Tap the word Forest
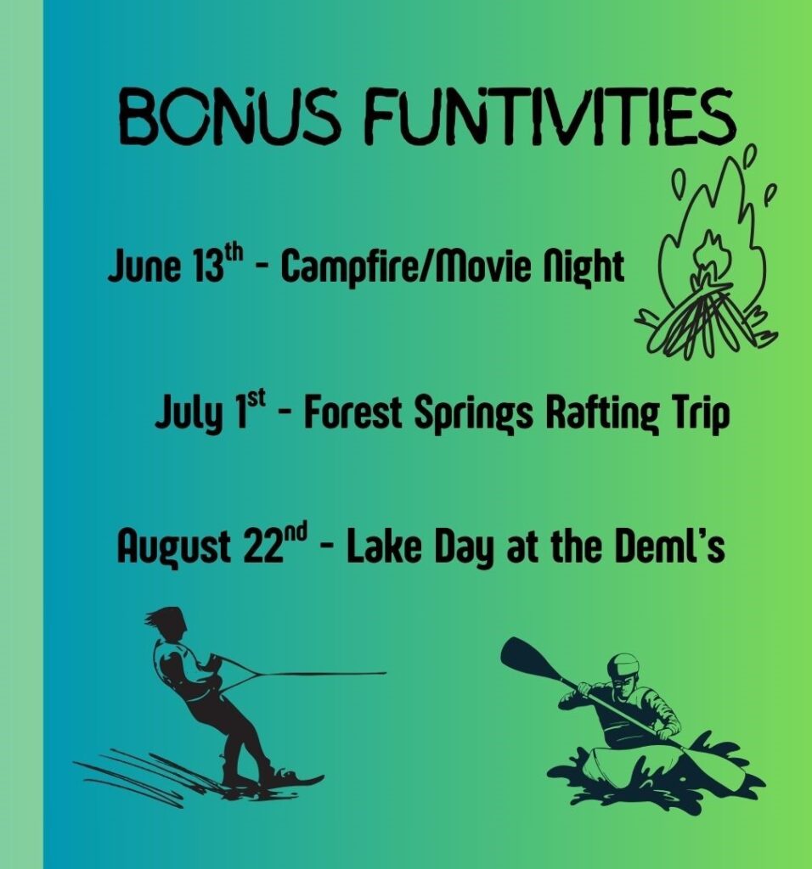[352, 413]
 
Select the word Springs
[474, 414]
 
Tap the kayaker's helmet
[623, 666]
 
